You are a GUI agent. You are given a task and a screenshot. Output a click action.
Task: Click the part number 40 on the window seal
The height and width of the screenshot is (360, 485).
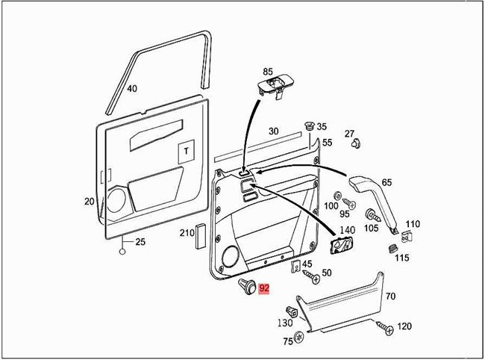click(x=132, y=89)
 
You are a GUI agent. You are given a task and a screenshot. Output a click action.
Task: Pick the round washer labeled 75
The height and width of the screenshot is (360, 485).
click(x=299, y=337)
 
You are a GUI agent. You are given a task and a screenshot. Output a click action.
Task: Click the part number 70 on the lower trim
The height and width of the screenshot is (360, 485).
click(x=390, y=297)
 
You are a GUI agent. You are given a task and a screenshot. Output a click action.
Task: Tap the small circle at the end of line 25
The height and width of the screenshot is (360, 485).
click(x=121, y=252)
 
